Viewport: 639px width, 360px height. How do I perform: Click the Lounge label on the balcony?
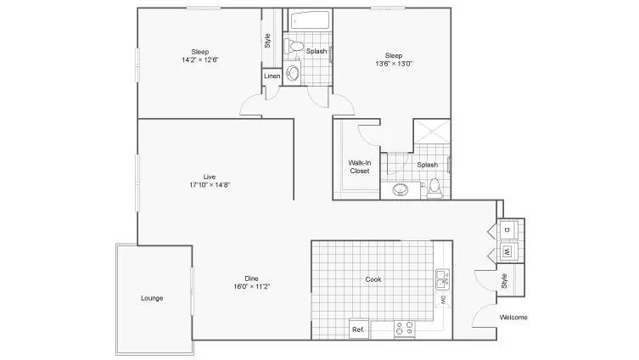click(x=152, y=298)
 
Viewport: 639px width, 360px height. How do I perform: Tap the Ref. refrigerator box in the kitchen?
click(x=359, y=329)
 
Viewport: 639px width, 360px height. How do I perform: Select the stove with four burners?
click(x=405, y=329)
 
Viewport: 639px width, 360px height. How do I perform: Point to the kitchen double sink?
click(x=443, y=279)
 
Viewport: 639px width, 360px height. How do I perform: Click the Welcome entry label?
click(x=513, y=318)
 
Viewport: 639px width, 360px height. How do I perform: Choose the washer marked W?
click(x=507, y=252)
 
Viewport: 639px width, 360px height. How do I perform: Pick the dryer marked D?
click(x=507, y=229)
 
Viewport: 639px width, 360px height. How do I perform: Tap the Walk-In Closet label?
click(x=360, y=166)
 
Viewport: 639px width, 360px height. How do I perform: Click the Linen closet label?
click(x=272, y=76)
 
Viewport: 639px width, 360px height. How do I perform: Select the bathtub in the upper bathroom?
click(x=310, y=20)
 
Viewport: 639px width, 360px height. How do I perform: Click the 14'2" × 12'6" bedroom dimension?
click(x=200, y=59)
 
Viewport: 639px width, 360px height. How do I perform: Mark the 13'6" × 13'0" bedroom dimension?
click(x=394, y=64)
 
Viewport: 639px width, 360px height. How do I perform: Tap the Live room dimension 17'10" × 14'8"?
click(x=210, y=185)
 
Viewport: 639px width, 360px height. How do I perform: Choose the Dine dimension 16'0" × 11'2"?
click(x=251, y=286)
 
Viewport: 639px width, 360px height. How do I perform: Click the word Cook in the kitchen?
click(x=373, y=279)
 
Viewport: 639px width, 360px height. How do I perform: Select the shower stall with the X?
click(x=432, y=132)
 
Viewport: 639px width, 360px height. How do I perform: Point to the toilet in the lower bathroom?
click(x=434, y=188)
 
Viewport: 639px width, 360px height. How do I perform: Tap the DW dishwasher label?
click(x=443, y=301)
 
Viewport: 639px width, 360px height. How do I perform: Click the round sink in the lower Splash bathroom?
click(x=401, y=189)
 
